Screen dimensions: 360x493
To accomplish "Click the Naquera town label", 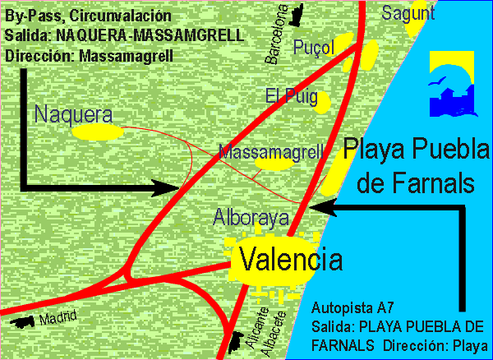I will [73, 114].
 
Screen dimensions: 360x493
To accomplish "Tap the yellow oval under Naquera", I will [96, 132].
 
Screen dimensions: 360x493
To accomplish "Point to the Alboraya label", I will [251, 218].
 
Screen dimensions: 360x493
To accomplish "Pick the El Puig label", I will [291, 96].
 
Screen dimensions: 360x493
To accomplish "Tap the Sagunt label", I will [408, 12].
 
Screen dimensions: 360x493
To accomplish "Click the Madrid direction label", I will [57, 317].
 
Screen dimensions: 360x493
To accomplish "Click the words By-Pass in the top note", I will [31, 16].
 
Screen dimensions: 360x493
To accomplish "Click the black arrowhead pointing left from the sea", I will [340, 209].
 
